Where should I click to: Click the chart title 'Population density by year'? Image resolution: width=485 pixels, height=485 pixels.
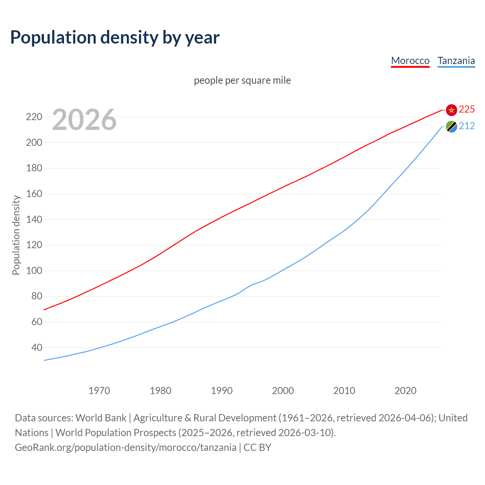point(115,37)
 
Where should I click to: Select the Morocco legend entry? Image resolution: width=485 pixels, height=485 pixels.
point(410,61)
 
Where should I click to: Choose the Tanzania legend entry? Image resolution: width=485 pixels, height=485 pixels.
point(456,61)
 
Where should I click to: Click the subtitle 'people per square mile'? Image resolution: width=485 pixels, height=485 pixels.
point(242,80)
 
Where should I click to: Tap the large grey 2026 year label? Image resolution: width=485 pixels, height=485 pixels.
point(84,120)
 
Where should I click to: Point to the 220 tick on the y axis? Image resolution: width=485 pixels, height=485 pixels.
point(34,117)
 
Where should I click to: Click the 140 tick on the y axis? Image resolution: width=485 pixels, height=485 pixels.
point(34,219)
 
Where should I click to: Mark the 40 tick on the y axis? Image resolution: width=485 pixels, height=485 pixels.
point(36,347)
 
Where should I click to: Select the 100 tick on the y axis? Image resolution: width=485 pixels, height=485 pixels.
point(34,271)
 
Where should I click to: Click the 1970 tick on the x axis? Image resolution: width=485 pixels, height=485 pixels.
point(99,390)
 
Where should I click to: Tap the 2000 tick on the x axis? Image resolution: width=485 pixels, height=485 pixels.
point(283,390)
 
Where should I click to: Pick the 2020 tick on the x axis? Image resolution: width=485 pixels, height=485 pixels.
point(405,390)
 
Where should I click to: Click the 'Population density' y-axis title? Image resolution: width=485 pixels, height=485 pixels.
point(16,235)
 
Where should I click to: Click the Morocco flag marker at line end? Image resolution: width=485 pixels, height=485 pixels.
point(451,110)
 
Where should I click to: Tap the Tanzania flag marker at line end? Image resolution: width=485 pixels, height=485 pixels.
point(451,127)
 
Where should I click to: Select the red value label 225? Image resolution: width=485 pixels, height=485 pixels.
point(467,110)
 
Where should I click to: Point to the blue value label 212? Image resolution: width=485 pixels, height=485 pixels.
point(467,126)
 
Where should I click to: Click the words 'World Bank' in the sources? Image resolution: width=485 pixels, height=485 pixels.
point(101,418)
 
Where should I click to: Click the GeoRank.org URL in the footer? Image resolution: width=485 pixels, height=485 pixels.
point(125,447)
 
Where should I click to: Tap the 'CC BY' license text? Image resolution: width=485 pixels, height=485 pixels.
point(258,447)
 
